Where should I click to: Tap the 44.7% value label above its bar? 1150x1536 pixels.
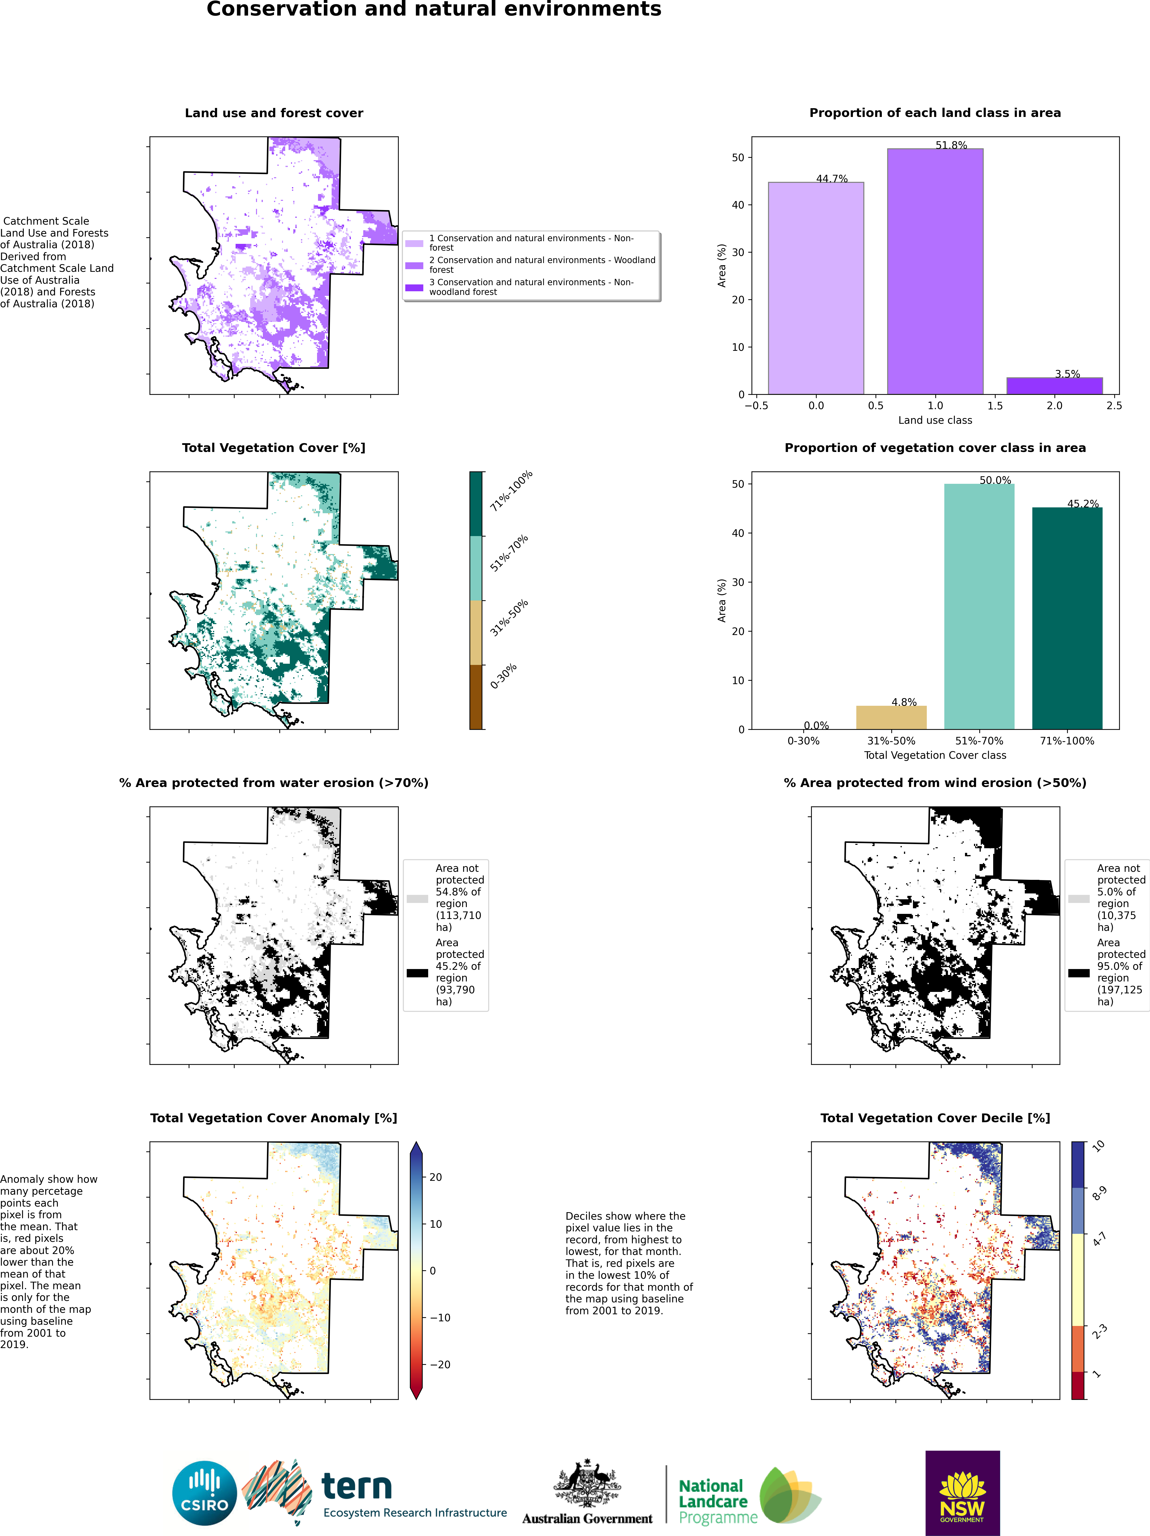pyautogui.click(x=832, y=178)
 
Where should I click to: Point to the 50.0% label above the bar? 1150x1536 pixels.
pyautogui.click(x=995, y=480)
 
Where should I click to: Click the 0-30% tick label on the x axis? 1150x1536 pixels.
pyautogui.click(x=804, y=741)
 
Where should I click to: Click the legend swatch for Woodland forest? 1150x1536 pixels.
pyautogui.click(x=415, y=265)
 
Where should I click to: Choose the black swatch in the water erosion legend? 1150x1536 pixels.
pyautogui.click(x=417, y=973)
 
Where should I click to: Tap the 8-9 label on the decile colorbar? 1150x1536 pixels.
pyautogui.click(x=1099, y=1193)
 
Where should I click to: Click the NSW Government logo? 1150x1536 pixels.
pyautogui.click(x=963, y=1493)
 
